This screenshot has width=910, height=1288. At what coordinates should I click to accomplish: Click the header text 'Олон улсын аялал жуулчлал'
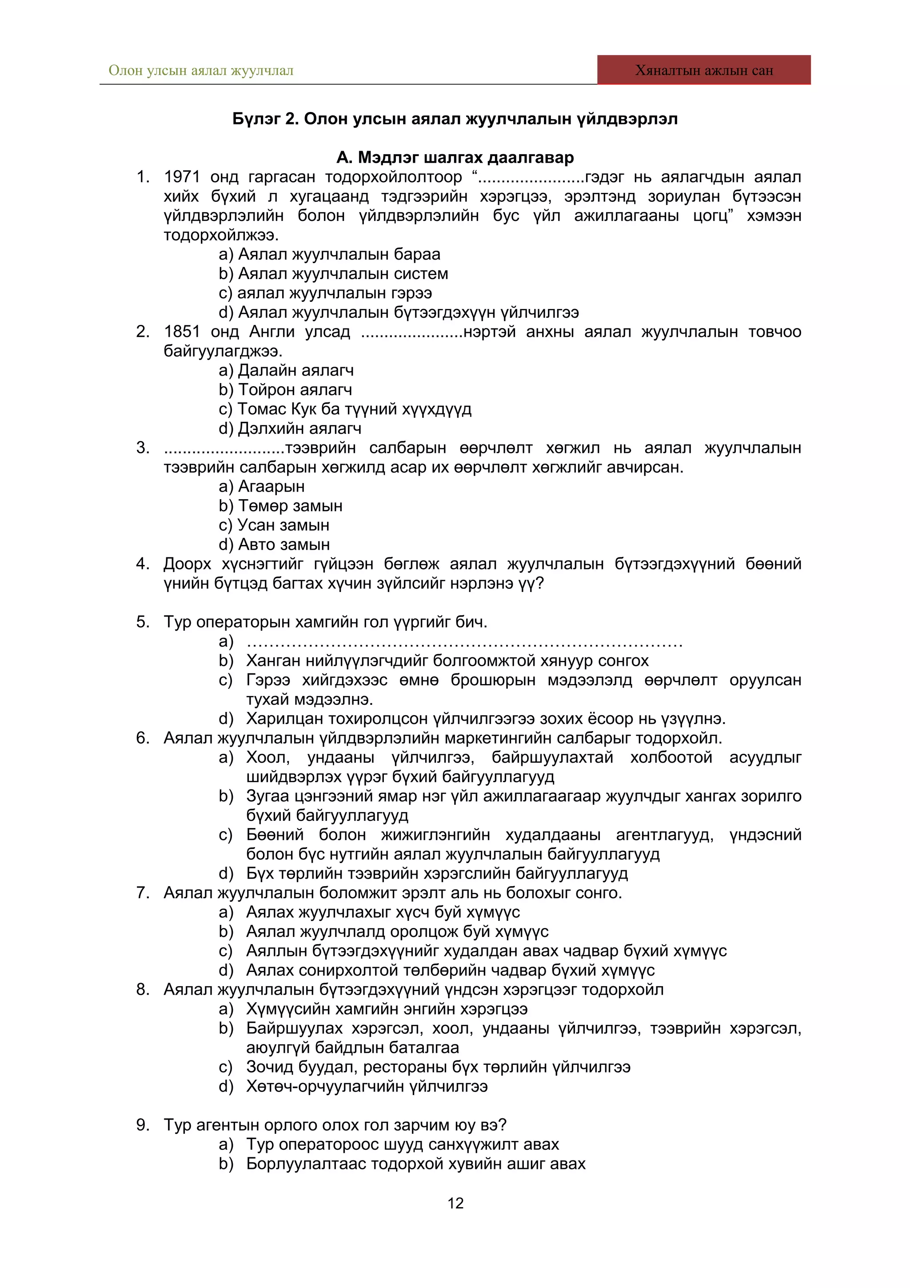click(201, 71)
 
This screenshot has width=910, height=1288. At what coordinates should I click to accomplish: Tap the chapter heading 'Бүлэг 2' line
click(455, 119)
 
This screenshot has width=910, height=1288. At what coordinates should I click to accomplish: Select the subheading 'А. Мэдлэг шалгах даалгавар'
click(455, 158)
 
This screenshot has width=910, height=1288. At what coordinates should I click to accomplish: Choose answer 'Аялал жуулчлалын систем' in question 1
click(343, 274)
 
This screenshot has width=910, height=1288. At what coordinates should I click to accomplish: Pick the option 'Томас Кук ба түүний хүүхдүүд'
click(354, 409)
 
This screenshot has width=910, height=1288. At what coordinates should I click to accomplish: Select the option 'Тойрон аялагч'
click(295, 390)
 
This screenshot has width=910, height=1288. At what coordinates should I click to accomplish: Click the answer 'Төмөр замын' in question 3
click(290, 506)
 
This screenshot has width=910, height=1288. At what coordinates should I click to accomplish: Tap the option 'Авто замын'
click(284, 545)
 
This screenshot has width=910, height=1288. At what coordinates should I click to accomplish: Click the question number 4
click(143, 564)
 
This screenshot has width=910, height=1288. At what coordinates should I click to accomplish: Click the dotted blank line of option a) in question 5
click(464, 642)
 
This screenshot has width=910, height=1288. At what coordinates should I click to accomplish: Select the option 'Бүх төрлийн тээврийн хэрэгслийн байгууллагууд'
click(437, 873)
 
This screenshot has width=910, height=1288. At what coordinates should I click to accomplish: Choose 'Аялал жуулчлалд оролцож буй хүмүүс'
click(397, 932)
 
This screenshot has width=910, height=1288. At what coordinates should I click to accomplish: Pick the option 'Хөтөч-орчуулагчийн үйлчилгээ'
click(367, 1087)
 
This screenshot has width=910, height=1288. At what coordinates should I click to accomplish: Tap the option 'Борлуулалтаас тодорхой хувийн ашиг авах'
click(415, 1164)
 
